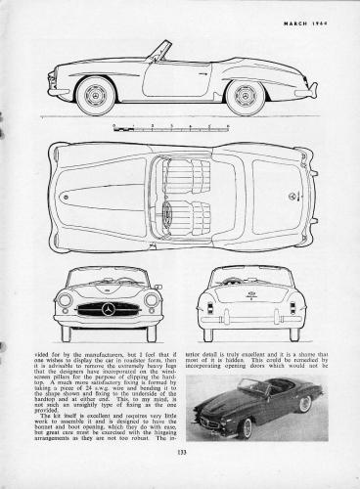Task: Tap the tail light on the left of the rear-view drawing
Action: click(210, 308)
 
